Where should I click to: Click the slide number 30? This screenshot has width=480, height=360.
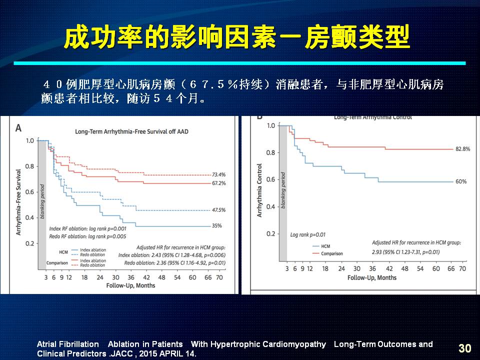pyautogui.click(x=464, y=348)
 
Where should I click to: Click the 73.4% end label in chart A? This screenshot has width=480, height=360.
pyautogui.click(x=219, y=174)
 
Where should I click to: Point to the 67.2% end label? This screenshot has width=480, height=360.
pyautogui.click(x=219, y=183)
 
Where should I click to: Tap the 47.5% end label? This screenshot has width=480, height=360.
pyautogui.click(x=219, y=210)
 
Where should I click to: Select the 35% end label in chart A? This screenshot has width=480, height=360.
pyautogui.click(x=216, y=226)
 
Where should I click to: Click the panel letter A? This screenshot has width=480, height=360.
pyautogui.click(x=18, y=128)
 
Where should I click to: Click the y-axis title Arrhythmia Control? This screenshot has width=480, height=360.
pyautogui.click(x=259, y=190)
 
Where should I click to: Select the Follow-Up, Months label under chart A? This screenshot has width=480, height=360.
pyautogui.click(x=130, y=285)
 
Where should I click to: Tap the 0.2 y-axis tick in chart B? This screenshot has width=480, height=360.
pyautogui.click(x=270, y=234)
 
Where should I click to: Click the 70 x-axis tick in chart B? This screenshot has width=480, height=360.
pyautogui.click(x=462, y=268)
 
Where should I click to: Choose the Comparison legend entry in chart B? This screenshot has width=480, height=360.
pyautogui.click(x=331, y=253)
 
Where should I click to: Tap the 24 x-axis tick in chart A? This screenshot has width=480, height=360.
pyautogui.click(x=100, y=277)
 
